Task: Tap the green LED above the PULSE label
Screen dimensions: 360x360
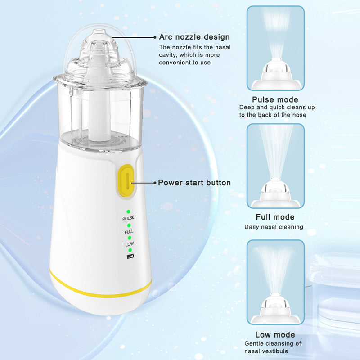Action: (x=128, y=211)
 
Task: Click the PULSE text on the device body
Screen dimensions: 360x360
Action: (x=128, y=218)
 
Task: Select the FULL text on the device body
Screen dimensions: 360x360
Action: (x=129, y=231)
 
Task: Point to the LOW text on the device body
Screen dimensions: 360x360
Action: (x=129, y=244)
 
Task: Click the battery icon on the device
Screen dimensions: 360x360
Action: (x=129, y=256)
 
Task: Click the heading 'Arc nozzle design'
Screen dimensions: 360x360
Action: (x=194, y=37)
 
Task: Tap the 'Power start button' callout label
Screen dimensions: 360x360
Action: (x=194, y=183)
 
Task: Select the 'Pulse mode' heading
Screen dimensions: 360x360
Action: (x=275, y=99)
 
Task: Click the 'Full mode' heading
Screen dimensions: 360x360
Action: (x=275, y=217)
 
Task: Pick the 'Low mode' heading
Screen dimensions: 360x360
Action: (x=275, y=334)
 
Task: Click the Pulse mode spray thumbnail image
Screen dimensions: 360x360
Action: (x=275, y=48)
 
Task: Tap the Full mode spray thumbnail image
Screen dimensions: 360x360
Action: (x=275, y=166)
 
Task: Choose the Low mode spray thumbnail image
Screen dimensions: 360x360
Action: (x=275, y=282)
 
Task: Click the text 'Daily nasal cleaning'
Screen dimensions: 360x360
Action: (x=274, y=227)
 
